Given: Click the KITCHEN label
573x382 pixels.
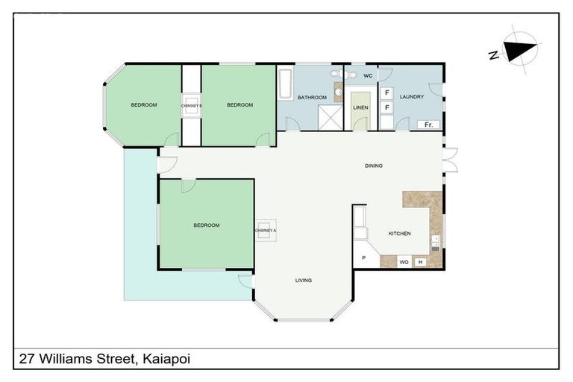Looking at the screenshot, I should pyautogui.click(x=399, y=234).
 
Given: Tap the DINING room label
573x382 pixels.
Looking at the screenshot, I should pyautogui.click(x=373, y=166).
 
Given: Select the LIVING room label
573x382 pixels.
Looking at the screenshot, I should pyautogui.click(x=303, y=280).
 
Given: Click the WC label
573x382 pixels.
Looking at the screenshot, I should pyautogui.click(x=367, y=76).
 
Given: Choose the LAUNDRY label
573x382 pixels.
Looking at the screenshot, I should pyautogui.click(x=412, y=97).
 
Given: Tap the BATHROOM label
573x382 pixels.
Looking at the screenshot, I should pyautogui.click(x=312, y=98).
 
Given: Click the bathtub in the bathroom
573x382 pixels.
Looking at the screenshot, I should pyautogui.click(x=285, y=84).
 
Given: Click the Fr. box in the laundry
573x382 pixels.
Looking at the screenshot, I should pyautogui.click(x=428, y=124).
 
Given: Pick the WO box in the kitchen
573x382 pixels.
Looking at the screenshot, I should pyautogui.click(x=404, y=262).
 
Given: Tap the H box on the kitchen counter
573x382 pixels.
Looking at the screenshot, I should pyautogui.click(x=420, y=262).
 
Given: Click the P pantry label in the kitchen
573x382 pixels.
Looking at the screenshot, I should pyautogui.click(x=363, y=258).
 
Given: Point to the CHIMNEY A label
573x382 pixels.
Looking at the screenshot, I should pyautogui.click(x=265, y=231).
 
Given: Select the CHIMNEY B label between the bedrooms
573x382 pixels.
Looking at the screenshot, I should pyautogui.click(x=192, y=105).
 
